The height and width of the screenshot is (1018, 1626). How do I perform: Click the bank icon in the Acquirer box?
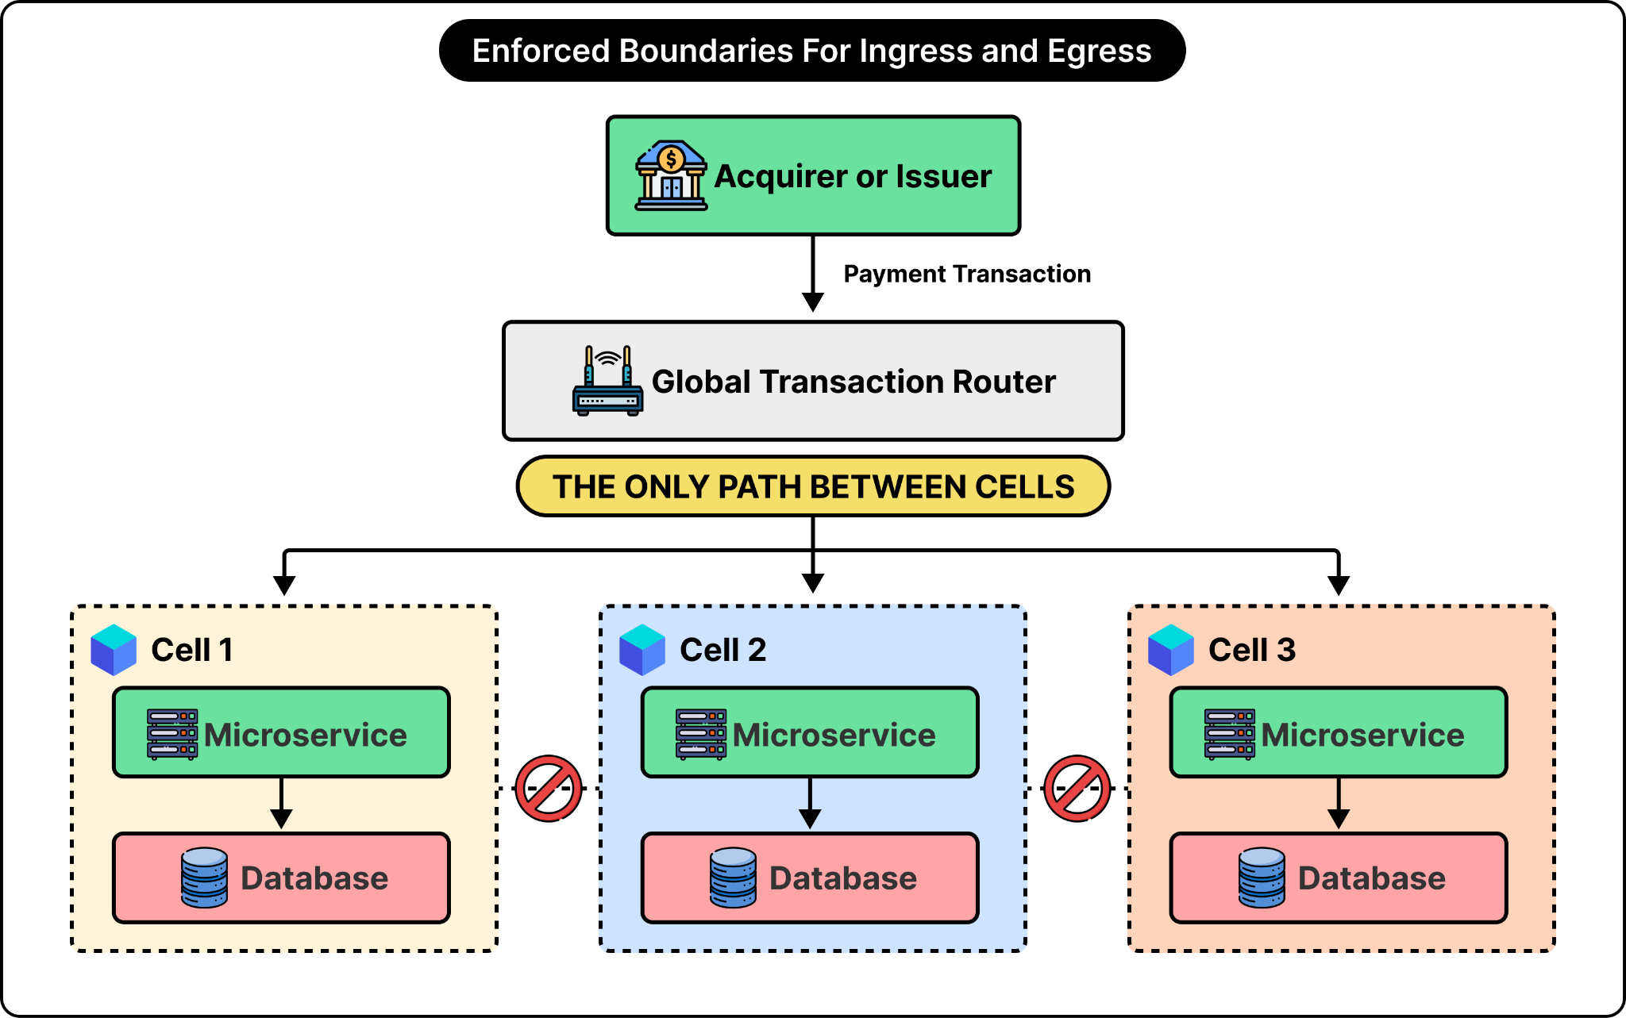[671, 175]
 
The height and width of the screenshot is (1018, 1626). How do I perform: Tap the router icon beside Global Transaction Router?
[607, 381]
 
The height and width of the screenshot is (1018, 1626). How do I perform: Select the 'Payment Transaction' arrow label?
[967, 274]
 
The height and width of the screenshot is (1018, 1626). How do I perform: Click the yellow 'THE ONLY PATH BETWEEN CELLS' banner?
[813, 486]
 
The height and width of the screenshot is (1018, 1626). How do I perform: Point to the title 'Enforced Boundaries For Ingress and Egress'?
[812, 51]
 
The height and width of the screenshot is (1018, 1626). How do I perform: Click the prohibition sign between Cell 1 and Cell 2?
[549, 789]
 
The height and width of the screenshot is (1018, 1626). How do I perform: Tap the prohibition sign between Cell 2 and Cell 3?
[1077, 789]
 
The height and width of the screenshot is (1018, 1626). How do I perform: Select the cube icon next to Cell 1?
[114, 650]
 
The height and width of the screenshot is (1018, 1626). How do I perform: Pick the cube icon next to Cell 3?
[1171, 650]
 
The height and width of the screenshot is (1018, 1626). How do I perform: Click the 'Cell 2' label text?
[723, 650]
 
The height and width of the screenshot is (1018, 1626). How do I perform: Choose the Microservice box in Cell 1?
[281, 732]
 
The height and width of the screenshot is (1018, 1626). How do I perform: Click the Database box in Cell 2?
[810, 878]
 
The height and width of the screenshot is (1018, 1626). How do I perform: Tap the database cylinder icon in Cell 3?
[1262, 878]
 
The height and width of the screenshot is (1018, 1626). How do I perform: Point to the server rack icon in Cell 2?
[701, 735]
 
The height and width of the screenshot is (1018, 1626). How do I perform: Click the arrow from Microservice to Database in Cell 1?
[281, 804]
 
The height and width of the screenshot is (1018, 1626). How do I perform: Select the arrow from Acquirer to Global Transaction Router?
[813, 274]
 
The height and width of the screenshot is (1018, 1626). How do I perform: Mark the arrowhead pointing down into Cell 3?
[1339, 586]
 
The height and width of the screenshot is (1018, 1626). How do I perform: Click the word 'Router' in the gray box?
[1004, 382]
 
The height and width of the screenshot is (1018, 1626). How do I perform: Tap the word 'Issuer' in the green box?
[944, 176]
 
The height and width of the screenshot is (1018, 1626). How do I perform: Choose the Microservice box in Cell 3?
[1339, 732]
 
